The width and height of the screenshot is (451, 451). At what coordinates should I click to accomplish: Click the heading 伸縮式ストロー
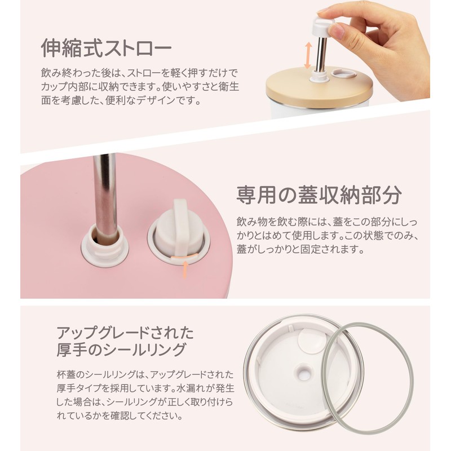click(107, 48)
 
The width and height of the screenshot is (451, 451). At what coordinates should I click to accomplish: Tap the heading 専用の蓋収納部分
click(319, 194)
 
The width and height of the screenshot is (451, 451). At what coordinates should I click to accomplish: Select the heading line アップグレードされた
click(125, 333)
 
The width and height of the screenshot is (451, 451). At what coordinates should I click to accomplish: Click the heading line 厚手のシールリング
click(121, 350)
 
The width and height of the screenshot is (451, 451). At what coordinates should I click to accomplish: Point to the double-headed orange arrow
click(308, 55)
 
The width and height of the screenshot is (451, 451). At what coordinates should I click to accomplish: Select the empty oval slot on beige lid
click(343, 73)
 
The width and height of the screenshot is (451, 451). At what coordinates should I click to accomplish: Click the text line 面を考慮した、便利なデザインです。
click(121, 100)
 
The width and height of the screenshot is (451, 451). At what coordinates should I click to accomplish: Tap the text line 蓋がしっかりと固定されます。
click(300, 249)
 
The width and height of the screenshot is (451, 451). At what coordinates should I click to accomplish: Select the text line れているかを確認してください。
click(120, 415)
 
